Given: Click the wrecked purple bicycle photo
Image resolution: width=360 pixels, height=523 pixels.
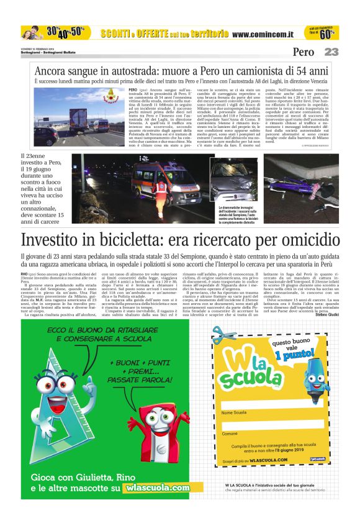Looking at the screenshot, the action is pos(301,180).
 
